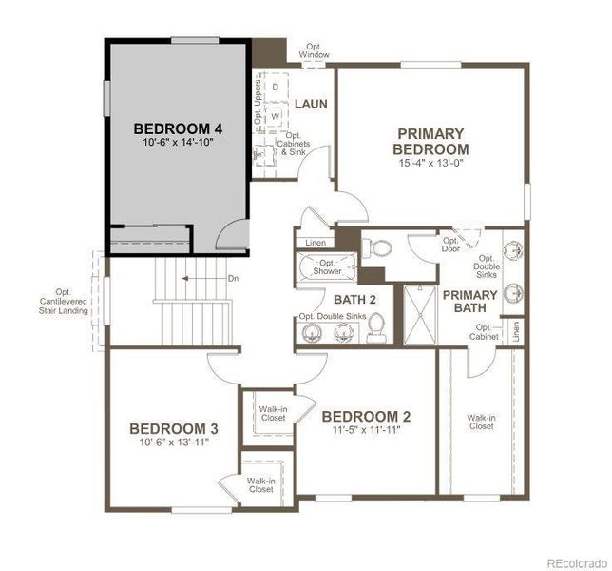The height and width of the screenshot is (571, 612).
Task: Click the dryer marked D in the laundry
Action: click(x=276, y=88)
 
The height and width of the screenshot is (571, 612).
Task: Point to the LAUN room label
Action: click(x=311, y=104)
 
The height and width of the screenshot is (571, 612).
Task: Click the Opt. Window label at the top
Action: click(x=316, y=49)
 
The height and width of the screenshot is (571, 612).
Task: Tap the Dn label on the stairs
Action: click(x=234, y=278)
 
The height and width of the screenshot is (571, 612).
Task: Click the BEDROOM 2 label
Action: click(x=366, y=416)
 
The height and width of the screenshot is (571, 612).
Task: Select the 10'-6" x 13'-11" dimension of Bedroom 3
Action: click(x=174, y=443)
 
